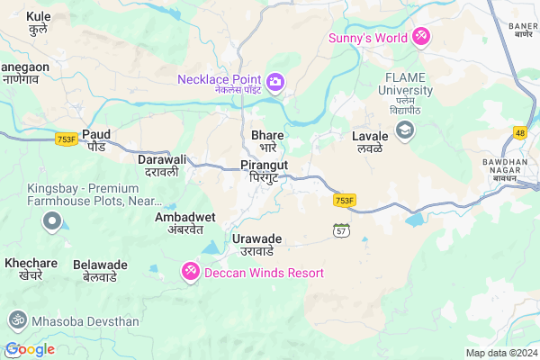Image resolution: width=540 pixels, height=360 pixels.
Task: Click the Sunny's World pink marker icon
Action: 420,37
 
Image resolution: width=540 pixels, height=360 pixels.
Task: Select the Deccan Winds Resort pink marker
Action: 190,271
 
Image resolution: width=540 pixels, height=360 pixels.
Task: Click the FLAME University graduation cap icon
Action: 405,130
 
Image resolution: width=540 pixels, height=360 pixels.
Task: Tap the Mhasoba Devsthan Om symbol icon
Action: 15,319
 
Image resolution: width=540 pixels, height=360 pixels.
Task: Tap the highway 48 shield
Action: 519,133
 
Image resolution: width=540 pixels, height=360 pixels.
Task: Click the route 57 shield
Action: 340,229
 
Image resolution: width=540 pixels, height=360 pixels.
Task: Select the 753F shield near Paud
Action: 66,139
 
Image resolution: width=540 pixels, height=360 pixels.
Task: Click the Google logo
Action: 30,349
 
